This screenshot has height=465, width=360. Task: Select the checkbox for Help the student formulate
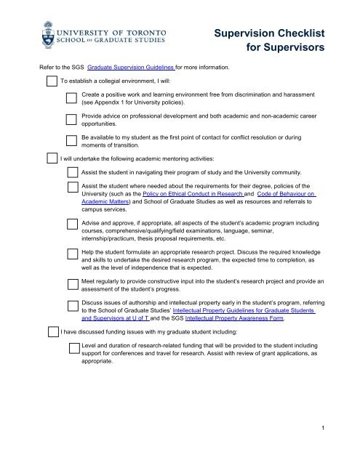click(x=72, y=254)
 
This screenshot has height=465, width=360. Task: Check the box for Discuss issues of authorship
click(x=72, y=306)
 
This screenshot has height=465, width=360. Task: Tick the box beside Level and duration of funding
click(x=72, y=348)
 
